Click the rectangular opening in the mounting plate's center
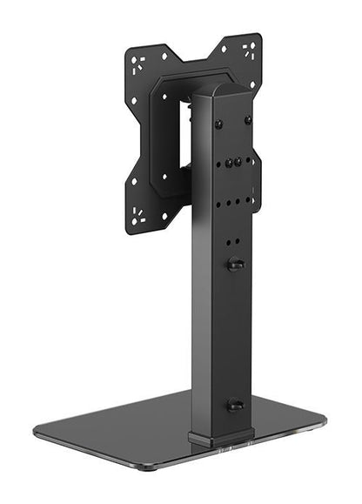click(184, 131)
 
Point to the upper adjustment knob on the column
click(235, 264)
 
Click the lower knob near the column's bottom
click(234, 405)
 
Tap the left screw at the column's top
click(219, 124)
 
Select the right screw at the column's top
click(247, 119)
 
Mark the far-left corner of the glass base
click(37, 432)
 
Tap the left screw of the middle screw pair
click(228, 163)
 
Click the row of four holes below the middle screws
click(233, 204)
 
